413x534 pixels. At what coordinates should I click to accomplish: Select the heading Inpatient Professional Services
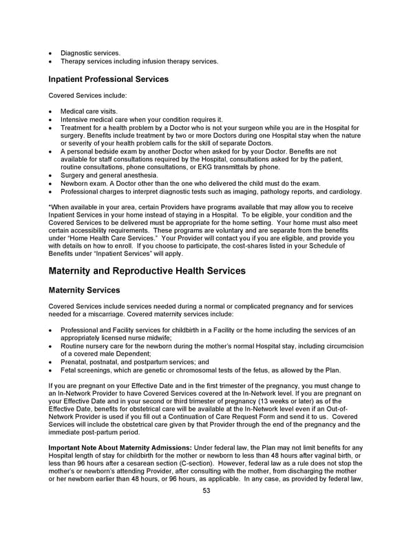[x=108, y=79]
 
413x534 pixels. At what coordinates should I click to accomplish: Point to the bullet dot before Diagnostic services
[x=50, y=53]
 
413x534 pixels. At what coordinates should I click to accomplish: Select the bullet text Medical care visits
[x=89, y=111]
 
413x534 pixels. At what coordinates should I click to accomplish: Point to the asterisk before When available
[x=50, y=207]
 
